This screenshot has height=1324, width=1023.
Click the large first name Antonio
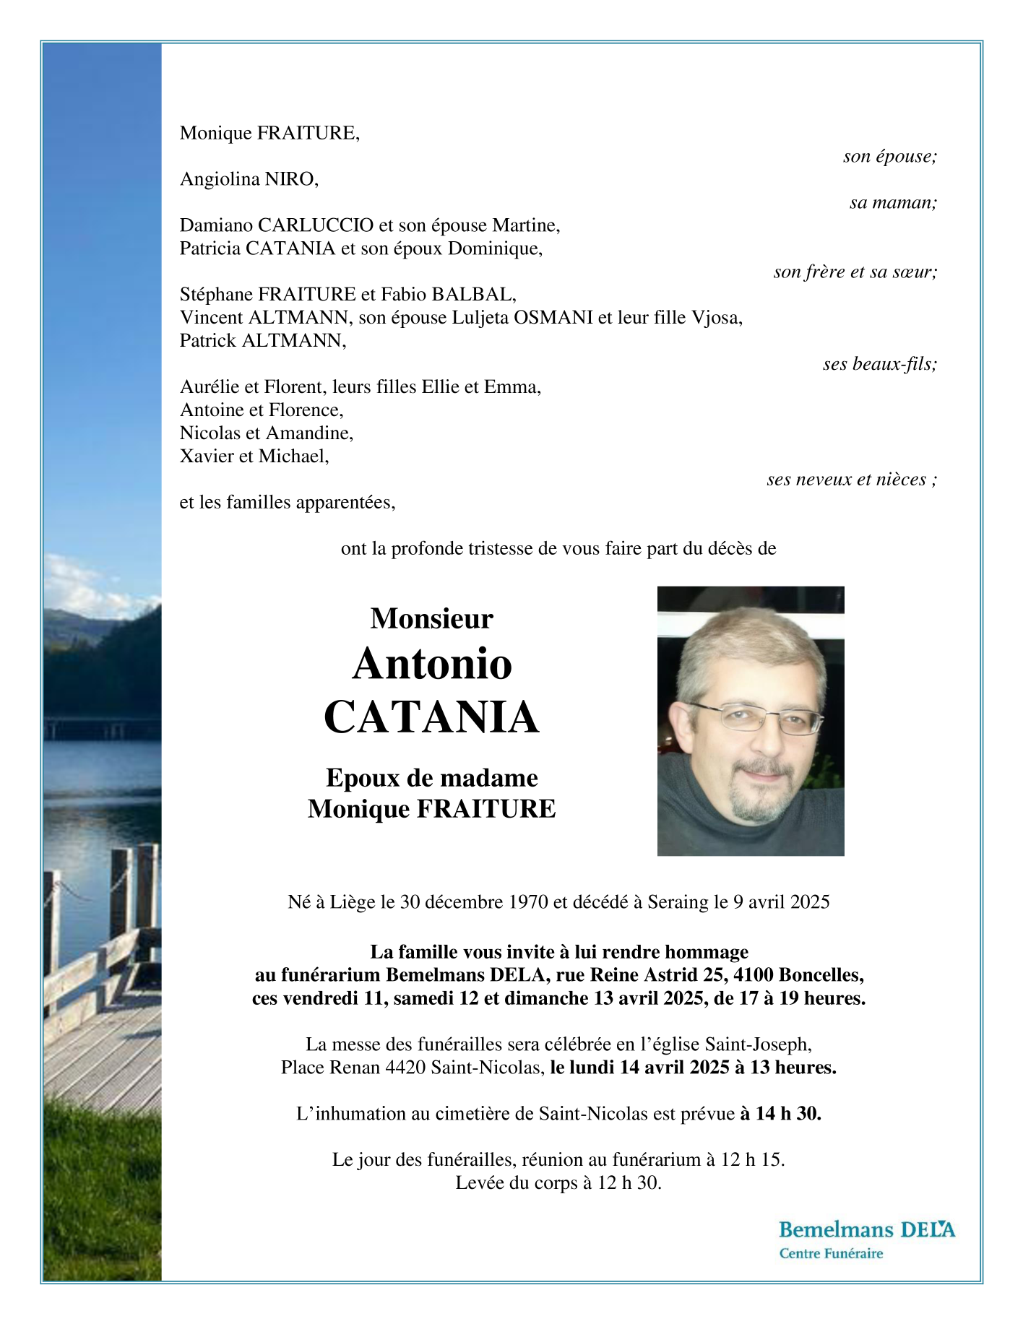(432, 663)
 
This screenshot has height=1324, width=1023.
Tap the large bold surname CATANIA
(431, 717)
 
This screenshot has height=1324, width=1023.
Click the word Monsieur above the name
(431, 618)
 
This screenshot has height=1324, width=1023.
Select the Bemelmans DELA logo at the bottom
(866, 1229)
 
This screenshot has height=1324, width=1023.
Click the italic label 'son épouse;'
(889, 156)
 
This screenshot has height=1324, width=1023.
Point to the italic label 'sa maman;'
(893, 202)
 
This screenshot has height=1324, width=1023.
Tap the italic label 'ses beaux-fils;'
(879, 364)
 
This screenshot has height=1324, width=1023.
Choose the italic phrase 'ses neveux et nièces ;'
(852, 480)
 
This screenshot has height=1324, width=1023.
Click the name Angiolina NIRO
(249, 179)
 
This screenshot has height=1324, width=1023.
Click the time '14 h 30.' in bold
(788, 1114)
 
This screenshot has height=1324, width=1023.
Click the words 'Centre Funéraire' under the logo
(831, 1254)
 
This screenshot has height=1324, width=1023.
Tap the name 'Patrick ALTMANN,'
(263, 341)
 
